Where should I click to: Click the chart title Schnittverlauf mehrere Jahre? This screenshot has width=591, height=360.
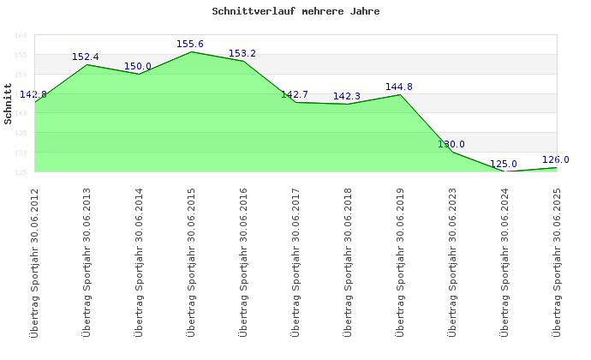tap(295, 12)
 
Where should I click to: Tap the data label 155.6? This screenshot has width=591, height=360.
tap(190, 44)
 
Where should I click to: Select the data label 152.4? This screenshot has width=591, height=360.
tap(86, 57)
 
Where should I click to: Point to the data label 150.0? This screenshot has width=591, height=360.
tap(138, 66)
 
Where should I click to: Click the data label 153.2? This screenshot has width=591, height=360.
tap(242, 53)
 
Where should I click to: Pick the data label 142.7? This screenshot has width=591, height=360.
tap(295, 94)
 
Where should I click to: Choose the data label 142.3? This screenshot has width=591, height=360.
tap(347, 96)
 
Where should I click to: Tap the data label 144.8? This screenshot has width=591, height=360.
tap(399, 87)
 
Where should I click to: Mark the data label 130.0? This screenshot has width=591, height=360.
tap(451, 144)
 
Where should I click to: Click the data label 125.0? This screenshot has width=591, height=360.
tap(504, 164)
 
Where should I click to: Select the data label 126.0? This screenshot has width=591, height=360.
tap(556, 159)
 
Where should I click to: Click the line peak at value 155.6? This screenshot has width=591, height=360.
tap(191, 51)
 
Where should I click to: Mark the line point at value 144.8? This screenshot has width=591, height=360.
tap(400, 94)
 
